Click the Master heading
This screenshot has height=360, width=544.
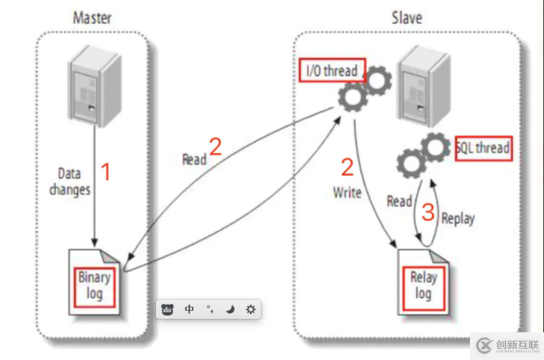click(x=92, y=18)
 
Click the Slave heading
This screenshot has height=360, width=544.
click(x=406, y=18)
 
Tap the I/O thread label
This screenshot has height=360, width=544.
click(x=332, y=71)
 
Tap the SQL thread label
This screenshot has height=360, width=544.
click(x=484, y=148)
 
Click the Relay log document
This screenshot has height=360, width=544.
click(x=423, y=285)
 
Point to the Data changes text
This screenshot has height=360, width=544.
click(x=70, y=182)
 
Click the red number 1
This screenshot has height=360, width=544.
click(x=106, y=172)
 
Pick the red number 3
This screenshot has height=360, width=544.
click(x=428, y=212)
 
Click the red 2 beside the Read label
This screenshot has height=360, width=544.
click(x=215, y=147)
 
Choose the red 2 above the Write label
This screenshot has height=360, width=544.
click(x=348, y=167)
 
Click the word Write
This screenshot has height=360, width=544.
click(x=347, y=192)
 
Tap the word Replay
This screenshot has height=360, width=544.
click(x=458, y=219)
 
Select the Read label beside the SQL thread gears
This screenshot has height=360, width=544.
click(x=399, y=201)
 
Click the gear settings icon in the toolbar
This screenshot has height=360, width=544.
click(x=250, y=310)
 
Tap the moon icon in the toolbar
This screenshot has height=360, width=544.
click(x=230, y=310)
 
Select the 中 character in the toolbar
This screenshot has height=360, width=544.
click(x=189, y=310)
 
